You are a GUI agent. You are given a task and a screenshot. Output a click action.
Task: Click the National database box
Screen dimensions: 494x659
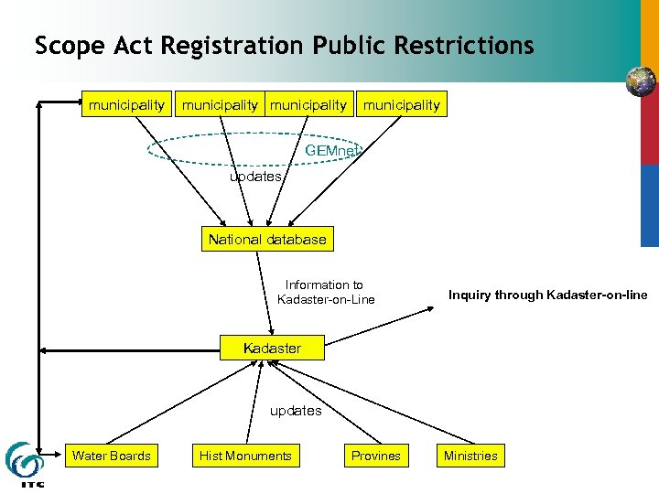(266, 240)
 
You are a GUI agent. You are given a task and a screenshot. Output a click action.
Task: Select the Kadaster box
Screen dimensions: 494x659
(272, 348)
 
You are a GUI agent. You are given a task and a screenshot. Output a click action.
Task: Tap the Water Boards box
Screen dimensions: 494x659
(112, 456)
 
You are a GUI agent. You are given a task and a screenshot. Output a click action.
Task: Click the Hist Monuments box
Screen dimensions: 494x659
(245, 456)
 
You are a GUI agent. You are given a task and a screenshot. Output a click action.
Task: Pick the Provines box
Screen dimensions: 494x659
(375, 456)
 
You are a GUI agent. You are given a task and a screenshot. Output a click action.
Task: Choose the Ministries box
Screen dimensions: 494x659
(470, 456)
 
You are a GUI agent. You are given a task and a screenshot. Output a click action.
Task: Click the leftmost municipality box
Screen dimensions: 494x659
(126, 105)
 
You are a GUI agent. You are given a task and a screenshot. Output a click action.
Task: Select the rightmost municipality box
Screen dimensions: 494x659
(401, 105)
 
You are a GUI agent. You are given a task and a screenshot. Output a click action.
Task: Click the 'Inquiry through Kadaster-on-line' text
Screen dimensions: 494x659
(547, 295)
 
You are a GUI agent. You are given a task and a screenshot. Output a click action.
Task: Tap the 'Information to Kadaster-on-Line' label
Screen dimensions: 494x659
(326, 292)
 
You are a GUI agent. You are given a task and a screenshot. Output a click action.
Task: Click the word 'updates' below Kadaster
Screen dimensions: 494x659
(296, 411)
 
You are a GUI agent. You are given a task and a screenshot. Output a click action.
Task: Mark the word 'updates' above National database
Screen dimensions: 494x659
(255, 177)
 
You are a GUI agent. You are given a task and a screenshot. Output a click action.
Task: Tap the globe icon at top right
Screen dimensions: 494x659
(641, 81)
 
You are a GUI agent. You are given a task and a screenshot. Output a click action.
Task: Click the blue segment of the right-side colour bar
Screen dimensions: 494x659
(649, 206)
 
